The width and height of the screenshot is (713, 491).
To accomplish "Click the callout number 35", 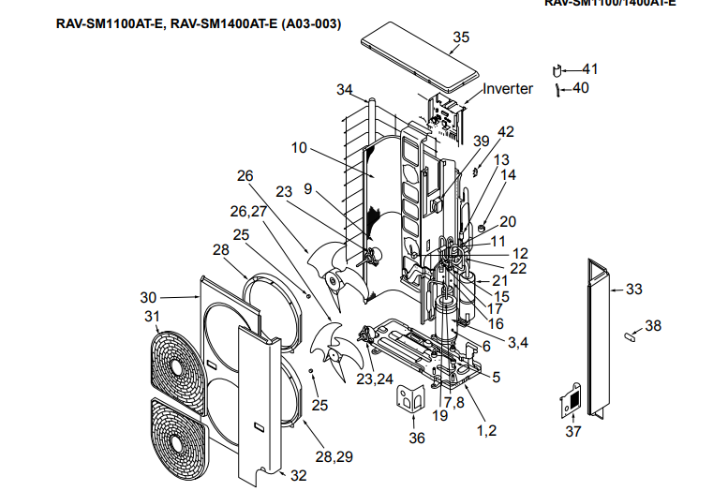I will tap(460, 37).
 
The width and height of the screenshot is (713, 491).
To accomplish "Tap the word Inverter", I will tap(508, 89).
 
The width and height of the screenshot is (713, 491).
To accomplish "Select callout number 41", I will tap(589, 69).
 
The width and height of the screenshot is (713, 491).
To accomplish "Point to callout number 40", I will tap(581, 89).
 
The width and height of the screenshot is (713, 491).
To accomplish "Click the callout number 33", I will tap(634, 290).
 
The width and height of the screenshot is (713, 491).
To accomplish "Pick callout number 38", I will tap(653, 326).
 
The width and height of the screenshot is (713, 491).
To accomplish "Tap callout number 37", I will tap(572, 431).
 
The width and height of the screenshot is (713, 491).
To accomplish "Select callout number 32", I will tap(298, 475).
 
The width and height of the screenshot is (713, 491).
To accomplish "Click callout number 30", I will tap(149, 298).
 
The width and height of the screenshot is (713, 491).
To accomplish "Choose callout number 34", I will tap(345, 90).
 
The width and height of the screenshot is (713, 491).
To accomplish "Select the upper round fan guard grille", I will tap(176, 363).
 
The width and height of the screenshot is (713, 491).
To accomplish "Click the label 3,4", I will tap(518, 343).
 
